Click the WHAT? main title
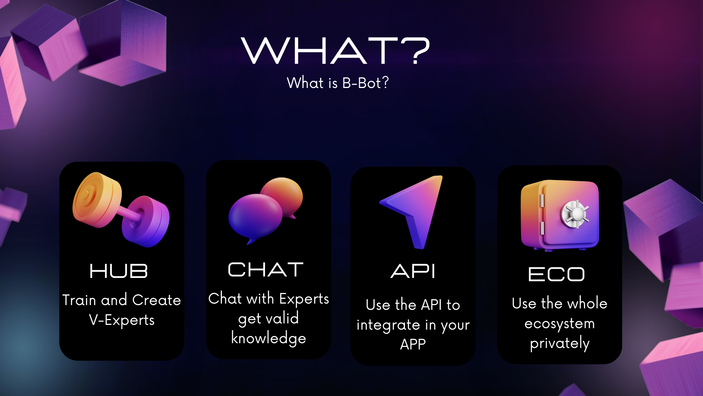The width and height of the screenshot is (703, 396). point(335,51)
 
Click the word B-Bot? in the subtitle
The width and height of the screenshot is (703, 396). point(365,83)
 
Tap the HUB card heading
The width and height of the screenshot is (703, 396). point(119,271)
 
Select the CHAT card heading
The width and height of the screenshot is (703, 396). point(266,270)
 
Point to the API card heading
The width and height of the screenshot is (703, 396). point(413,271)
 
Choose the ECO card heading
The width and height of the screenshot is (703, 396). point(557,274)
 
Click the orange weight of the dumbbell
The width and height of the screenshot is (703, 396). point(97,200)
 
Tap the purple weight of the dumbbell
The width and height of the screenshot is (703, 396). point(146,221)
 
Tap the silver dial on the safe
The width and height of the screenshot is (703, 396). point(575,214)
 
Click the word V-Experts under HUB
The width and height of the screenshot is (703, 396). point(122,320)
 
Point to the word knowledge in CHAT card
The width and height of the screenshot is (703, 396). point(269,338)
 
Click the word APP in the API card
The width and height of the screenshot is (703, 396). point(413,344)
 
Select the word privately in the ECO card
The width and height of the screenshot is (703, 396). point(560,344)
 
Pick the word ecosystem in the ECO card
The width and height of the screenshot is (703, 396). point(559,324)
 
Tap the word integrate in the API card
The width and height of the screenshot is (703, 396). point(388,325)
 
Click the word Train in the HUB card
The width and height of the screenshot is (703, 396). point(79,300)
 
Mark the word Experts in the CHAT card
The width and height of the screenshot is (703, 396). point(304,299)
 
